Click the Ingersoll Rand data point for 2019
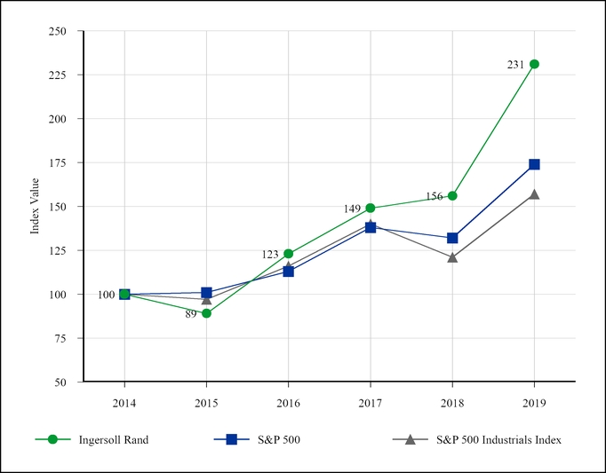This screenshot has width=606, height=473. [534, 64]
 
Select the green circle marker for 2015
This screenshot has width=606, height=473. [206, 313]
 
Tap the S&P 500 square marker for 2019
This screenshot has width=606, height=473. [534, 164]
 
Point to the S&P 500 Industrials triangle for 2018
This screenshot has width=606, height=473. [452, 257]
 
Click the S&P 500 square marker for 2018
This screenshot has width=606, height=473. [452, 238]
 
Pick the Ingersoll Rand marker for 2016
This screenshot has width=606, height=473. [288, 254]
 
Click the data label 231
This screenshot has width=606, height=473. [515, 65]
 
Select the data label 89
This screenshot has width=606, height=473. [191, 314]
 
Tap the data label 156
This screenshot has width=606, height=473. [434, 196]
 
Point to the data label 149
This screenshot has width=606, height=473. [352, 209]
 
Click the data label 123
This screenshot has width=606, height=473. [270, 255]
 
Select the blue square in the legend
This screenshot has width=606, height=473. [231, 439]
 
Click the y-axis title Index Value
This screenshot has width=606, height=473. [36, 207]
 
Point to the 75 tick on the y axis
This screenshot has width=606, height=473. [61, 338]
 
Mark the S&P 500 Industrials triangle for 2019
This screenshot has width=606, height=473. [534, 193]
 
